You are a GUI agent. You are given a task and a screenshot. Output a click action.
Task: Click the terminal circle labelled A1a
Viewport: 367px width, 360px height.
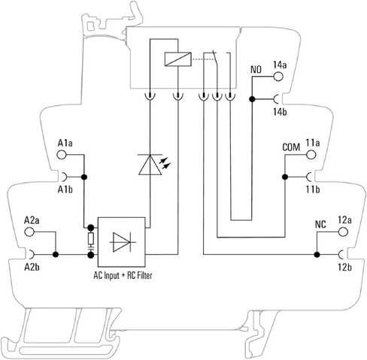[62, 155]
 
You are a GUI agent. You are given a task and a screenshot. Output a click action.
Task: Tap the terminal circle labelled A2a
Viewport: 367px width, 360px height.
[29, 231]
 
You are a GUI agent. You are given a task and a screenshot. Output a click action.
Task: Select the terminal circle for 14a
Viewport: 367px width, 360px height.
[278, 77]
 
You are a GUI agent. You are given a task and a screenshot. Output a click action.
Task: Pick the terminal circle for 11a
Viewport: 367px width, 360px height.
[311, 155]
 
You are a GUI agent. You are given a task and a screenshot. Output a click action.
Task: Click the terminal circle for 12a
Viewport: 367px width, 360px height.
[343, 231]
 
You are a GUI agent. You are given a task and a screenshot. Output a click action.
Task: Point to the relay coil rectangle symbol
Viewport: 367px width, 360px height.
[178, 59]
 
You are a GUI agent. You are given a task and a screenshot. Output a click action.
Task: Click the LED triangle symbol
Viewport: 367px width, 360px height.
[150, 165]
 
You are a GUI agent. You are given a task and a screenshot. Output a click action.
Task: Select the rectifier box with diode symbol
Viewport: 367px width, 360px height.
[121, 242]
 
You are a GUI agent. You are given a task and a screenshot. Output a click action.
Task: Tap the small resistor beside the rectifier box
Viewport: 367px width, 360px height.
[91, 238]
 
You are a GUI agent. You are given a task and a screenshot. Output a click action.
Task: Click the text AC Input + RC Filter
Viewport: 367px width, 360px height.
[123, 276]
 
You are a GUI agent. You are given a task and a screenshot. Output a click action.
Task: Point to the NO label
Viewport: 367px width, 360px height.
[256, 70]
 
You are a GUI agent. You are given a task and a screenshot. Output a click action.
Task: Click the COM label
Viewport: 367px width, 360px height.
[291, 147]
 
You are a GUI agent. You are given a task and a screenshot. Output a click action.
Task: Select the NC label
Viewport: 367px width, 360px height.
[320, 225]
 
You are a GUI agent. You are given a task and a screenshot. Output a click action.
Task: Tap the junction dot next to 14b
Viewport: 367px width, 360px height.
[252, 99]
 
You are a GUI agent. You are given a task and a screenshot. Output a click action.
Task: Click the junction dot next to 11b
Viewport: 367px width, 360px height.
[285, 177]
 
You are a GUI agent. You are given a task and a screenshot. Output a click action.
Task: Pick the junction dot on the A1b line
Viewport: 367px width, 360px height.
[84, 177]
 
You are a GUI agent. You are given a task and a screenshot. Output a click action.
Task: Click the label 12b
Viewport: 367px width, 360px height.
[344, 268]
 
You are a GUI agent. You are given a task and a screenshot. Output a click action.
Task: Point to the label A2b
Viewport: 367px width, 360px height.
[32, 268]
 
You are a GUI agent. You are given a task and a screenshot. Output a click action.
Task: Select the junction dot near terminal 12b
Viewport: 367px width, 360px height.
[317, 255]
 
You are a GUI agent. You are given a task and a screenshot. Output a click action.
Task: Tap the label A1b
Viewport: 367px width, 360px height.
[65, 189]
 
